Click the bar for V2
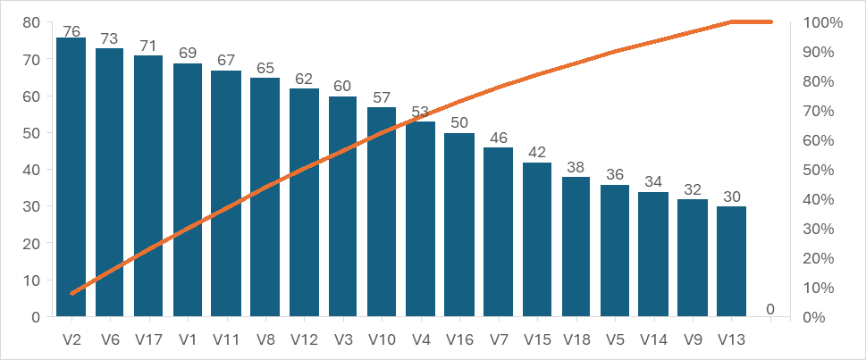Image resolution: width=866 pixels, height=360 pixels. [71, 179]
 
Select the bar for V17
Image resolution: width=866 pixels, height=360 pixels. [148, 188]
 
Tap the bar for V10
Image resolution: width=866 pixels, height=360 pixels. [382, 214]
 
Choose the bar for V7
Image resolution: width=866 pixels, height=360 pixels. [498, 232]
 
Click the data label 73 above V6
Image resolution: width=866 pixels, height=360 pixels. [110, 39]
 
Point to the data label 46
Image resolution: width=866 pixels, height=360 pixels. [498, 138]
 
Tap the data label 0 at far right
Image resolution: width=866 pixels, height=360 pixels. [770, 309]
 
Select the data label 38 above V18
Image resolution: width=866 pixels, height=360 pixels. [576, 168]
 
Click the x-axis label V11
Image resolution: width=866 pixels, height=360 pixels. [226, 339]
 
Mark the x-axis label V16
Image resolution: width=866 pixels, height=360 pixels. [459, 339]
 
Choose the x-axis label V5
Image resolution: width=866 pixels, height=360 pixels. [615, 339]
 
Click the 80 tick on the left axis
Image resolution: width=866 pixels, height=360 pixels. [30, 22]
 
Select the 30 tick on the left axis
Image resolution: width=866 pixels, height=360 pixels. [30, 206]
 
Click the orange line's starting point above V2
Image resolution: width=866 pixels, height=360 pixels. [71, 293]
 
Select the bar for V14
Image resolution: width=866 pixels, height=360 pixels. [653, 255]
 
